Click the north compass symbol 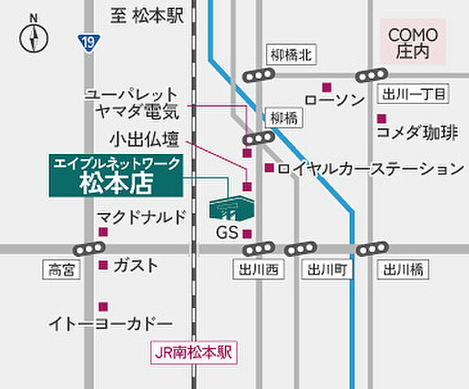[x=33, y=36]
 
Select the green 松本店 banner [x=116, y=175]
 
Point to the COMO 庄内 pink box [x=413, y=42]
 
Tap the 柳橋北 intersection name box [x=291, y=55]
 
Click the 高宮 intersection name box [x=61, y=270]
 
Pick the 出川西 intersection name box [x=258, y=270]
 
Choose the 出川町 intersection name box [x=327, y=270]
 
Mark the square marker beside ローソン [x=327, y=88]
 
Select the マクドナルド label [x=141, y=216]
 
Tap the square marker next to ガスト [x=103, y=265]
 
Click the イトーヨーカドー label [x=110, y=323]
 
